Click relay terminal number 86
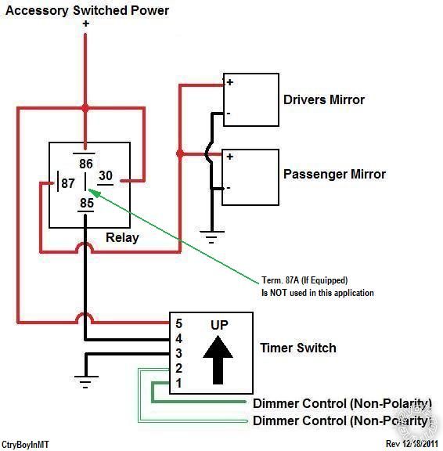pos(86,164)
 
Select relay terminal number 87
pos(68,183)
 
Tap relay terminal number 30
pos(106,175)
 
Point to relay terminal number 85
pos(87,203)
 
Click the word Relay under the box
pos(122,237)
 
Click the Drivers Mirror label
pos(324,99)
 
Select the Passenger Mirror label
pos(334,174)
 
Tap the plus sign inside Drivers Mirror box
pos(230,82)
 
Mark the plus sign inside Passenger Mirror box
pos(229,157)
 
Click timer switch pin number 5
pos(178,323)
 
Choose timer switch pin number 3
pos(178,353)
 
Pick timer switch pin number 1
pos(178,383)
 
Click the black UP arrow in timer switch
pos(218,359)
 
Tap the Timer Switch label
pos(298,348)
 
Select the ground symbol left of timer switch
pos(86,382)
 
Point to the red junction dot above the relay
pos(85,108)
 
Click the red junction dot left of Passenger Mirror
pos(180,154)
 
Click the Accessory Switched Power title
pos(87,11)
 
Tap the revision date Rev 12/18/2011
pos(412,444)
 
